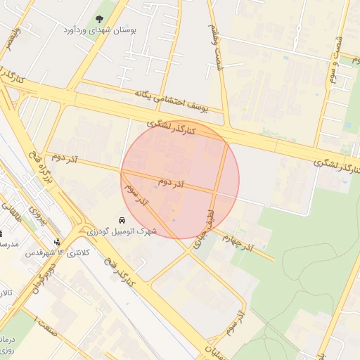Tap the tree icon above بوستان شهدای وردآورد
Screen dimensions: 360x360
(98, 19)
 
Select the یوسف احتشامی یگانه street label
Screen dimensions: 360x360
(172, 101)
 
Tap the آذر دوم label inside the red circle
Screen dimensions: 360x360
(171, 183)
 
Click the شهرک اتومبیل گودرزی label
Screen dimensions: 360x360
(122, 230)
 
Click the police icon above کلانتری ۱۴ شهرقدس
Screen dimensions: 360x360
(57, 241)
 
